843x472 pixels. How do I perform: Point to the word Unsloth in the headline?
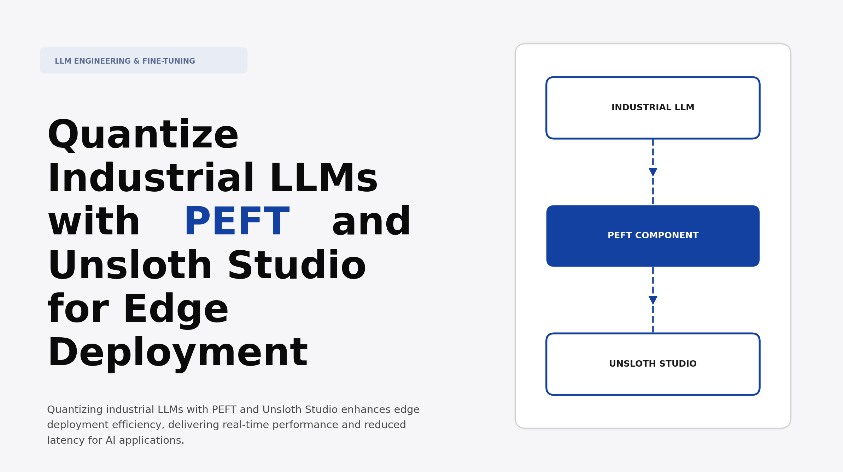(130, 266)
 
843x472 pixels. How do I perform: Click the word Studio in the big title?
(297, 266)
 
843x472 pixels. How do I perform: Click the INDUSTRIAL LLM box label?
(652, 107)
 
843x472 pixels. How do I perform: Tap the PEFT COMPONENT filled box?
(652, 236)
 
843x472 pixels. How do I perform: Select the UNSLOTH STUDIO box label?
(652, 364)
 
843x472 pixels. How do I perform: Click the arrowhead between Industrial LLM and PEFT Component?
(653, 172)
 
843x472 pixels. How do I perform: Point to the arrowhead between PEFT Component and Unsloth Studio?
(653, 300)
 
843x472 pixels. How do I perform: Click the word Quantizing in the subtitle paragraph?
(75, 410)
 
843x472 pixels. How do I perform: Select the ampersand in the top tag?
(136, 61)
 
